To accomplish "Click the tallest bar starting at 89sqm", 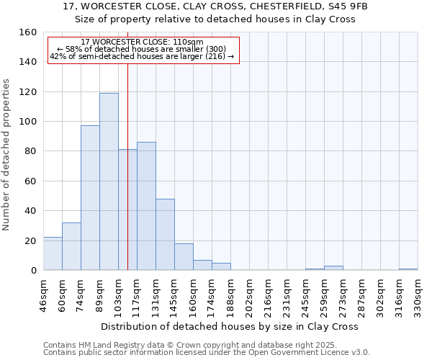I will [x=109, y=181].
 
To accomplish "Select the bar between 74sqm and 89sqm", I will [x=90, y=198].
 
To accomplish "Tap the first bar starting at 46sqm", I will [x=53, y=253].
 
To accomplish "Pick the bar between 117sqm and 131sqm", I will [x=146, y=206].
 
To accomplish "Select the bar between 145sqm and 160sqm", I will [x=184, y=257].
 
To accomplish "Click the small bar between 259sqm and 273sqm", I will [x=333, y=268].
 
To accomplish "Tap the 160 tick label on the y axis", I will [x=27, y=32].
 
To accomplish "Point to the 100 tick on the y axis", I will [x=27, y=122].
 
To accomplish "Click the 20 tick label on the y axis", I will [x=30, y=240].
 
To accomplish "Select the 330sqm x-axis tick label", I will [x=418, y=295].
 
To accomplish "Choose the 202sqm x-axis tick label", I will [x=249, y=295].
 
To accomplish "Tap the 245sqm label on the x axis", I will [x=305, y=295].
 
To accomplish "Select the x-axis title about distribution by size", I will [x=230, y=326].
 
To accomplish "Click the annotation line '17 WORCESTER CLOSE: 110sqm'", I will [x=142, y=42].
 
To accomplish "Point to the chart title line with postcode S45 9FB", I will [x=215, y=6].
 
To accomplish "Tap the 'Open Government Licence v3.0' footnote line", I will [x=207, y=352].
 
